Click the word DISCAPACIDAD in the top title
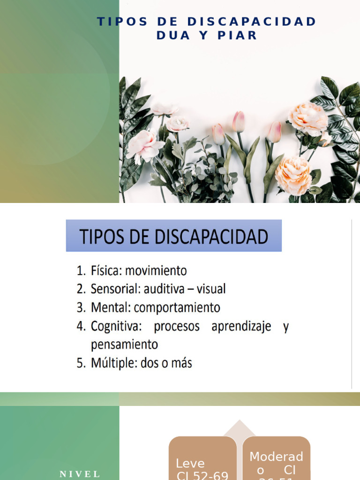[252, 22]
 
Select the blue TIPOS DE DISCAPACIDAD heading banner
[173, 236]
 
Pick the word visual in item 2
[211, 289]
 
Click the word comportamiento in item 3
[177, 307]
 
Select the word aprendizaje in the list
[241, 326]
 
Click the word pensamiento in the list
[124, 345]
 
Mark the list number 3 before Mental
[81, 308]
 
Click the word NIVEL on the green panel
[80, 474]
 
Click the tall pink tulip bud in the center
[239, 121]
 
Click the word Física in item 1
[105, 271]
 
